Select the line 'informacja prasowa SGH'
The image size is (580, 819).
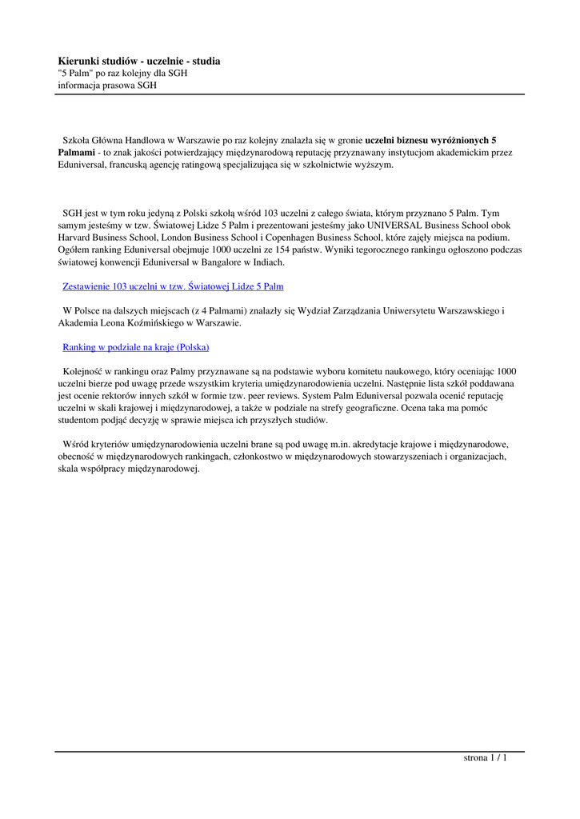pyautogui.click(x=107, y=84)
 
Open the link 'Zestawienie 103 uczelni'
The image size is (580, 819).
pyautogui.click(x=173, y=286)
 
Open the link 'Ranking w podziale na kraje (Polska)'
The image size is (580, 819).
pyautogui.click(x=135, y=347)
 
